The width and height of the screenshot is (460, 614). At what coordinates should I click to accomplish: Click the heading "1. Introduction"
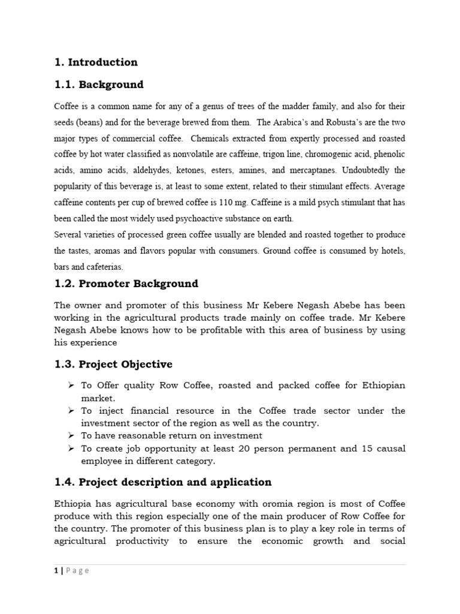(x=96, y=62)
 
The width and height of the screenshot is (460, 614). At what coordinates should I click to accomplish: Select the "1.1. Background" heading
(x=99, y=85)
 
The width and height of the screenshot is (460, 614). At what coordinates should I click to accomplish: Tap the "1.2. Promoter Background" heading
(x=126, y=284)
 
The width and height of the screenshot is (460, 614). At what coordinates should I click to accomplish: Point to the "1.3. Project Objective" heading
(x=113, y=365)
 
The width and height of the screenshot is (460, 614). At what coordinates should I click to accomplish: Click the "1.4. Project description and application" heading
(x=163, y=482)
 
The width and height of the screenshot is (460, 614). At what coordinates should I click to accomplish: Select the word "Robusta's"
(x=336, y=122)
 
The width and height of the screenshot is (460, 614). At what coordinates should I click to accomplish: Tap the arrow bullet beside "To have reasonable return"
(x=70, y=435)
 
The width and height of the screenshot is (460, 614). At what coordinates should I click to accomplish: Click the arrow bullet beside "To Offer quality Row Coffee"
(x=70, y=385)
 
